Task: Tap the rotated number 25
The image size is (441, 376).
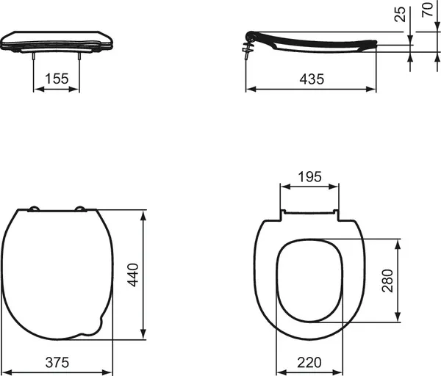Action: pyautogui.click(x=400, y=13)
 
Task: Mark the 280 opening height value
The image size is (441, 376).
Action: pyautogui.click(x=388, y=281)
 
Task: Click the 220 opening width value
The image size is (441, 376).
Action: pyautogui.click(x=309, y=362)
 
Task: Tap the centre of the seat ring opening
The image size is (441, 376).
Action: pyautogui.click(x=309, y=281)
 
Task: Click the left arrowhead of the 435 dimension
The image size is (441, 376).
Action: pyautogui.click(x=248, y=89)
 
